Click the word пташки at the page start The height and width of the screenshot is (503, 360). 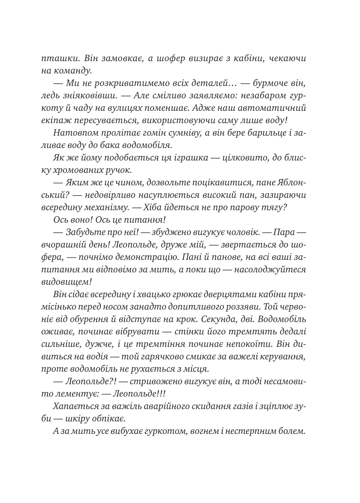point(56,58)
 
